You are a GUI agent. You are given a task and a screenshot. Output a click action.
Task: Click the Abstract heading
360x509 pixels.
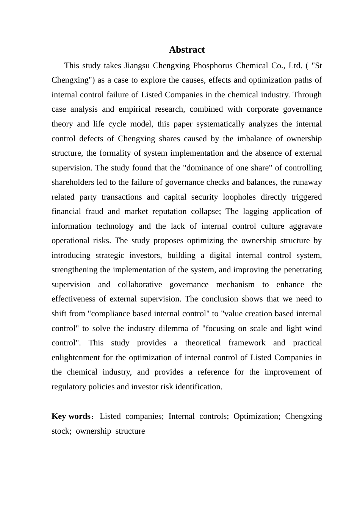(x=186, y=50)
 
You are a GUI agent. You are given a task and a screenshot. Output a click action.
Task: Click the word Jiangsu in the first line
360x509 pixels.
(x=137, y=66)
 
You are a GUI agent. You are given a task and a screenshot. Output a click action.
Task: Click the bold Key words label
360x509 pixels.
(x=71, y=416)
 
